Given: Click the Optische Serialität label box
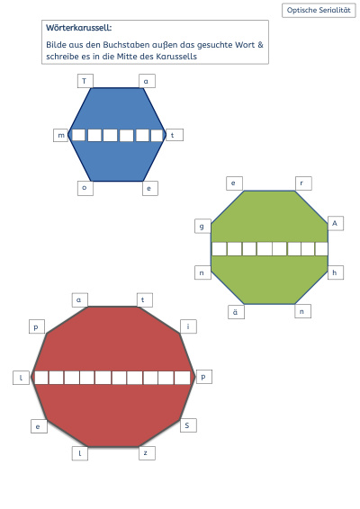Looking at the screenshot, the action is coord(319,10).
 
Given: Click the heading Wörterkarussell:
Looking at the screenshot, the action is coord(79,28).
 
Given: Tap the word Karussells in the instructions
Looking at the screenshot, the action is coord(176,57).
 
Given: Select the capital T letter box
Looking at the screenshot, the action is coord(85,81).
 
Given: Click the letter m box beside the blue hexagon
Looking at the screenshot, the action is coord(61,135).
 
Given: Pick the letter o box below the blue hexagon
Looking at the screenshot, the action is coord(85,188).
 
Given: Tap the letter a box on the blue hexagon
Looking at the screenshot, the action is coord(147,81).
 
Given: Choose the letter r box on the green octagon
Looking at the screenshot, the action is coord(303,183).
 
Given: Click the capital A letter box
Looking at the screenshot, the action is coord(336,223).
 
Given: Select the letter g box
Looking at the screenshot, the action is coord(202,227).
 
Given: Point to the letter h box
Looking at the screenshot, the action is coord(336,272).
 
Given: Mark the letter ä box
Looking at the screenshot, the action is coord(236,312).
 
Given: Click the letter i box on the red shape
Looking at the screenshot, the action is coord(188,326).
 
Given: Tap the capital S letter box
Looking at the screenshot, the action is coord(188,425).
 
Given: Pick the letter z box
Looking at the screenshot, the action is coord(147,453).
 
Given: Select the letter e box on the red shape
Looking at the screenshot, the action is coord(39,426).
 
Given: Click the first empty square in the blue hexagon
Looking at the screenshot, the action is coord(78,135).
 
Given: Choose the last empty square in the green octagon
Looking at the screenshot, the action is coord(321,249).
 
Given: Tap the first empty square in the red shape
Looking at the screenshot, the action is coord(41,378).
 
